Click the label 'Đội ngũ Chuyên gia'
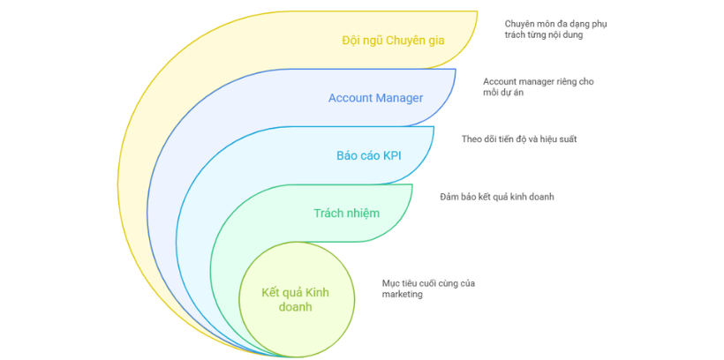(393, 41)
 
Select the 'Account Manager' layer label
(375, 98)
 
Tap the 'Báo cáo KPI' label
(368, 155)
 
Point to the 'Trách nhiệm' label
(346, 213)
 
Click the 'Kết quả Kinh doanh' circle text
(295, 299)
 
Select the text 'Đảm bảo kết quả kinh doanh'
(496, 196)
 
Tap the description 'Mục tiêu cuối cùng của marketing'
(428, 289)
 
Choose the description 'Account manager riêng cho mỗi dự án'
(538, 86)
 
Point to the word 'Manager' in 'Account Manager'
(400, 98)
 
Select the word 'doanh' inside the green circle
(295, 307)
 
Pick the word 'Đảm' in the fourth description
(450, 196)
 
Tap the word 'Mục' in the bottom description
(391, 282)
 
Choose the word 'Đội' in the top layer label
(351, 41)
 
